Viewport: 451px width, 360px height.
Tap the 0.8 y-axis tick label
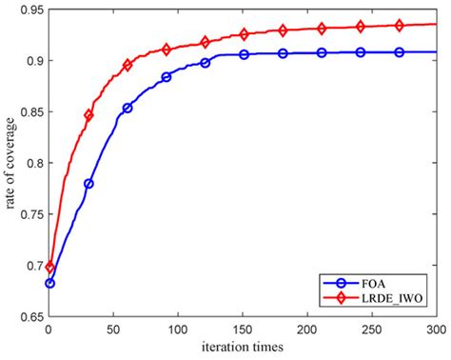[x=30, y=162]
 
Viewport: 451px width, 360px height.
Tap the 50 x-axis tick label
[x=113, y=329]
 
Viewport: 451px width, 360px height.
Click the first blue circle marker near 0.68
[x=50, y=283]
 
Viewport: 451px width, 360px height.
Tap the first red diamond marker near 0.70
[x=50, y=268]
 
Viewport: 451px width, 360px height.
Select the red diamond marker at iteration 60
[x=127, y=65]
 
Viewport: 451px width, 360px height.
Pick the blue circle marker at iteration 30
[x=88, y=184]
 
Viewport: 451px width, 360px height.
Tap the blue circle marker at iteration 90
[x=167, y=76]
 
